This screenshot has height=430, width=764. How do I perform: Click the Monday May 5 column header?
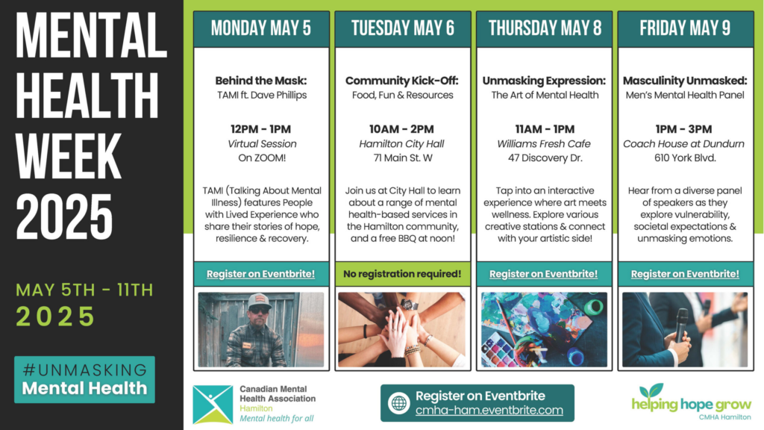pos(261,29)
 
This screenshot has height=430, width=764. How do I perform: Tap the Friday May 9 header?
pos(685,29)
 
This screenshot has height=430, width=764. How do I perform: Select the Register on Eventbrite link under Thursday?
pos(543,274)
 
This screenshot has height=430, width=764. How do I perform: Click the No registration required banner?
pos(402,274)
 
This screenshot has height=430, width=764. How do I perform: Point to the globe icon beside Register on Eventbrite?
pos(398,403)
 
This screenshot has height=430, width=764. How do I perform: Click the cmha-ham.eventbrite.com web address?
pos(489,411)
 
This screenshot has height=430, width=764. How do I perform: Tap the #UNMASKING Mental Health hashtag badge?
pos(85,379)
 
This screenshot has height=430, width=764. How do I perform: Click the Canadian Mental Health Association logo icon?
pos(213,404)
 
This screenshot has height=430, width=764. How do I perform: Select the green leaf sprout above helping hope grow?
pos(651,390)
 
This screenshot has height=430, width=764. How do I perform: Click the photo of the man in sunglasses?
pos(261,329)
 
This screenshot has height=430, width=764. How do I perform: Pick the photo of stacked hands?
pos(402,329)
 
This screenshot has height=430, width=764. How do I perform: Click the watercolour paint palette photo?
pos(544,329)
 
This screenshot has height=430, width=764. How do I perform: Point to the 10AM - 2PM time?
pos(401,129)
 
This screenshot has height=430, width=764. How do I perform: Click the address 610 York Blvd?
pos(685,158)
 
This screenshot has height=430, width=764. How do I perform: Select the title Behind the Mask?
pos(261,81)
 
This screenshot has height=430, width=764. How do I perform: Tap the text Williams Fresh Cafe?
pos(544,144)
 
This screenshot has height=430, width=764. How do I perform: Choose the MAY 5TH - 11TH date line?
pos(84,290)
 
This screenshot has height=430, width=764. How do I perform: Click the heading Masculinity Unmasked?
pos(685,81)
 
